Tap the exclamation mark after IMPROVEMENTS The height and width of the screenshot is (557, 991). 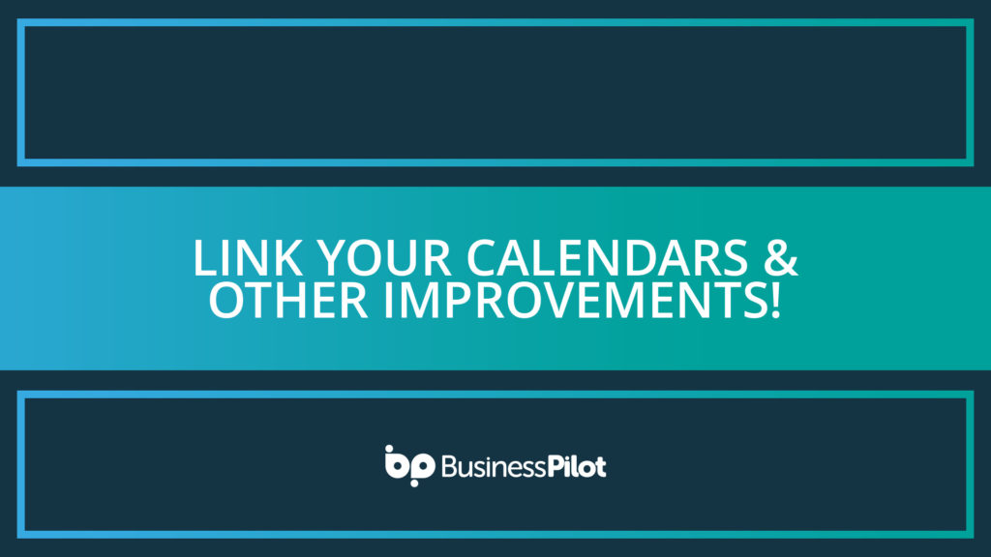click(773, 301)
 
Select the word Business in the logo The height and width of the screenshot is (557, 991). click(489, 468)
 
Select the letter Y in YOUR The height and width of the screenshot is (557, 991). click(330, 259)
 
